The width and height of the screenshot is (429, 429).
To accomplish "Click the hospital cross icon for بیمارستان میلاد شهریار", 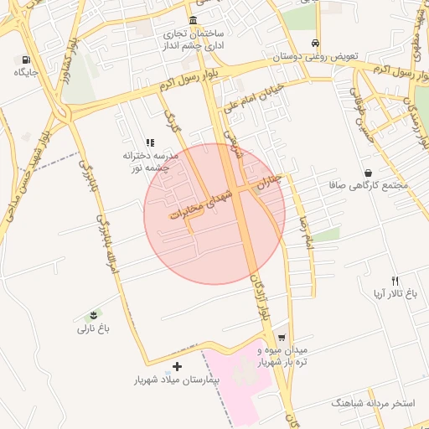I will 177,366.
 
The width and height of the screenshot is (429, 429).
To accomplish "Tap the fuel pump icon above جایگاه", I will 26,59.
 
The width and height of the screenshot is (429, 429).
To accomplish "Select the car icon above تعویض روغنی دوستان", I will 314,43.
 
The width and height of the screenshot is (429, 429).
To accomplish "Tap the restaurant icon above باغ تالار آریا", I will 395,281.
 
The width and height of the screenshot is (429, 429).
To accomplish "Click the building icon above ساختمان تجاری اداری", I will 194,20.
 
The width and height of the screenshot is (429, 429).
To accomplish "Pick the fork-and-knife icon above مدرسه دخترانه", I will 150,142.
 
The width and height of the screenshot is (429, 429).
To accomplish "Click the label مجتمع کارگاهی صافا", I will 370,185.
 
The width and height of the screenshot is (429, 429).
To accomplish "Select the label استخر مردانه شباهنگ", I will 374,403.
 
